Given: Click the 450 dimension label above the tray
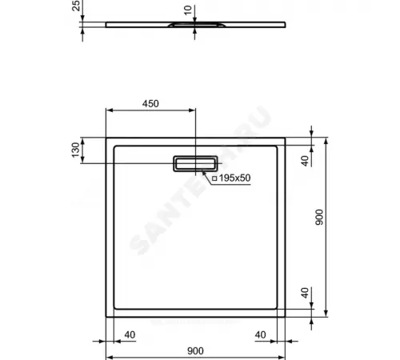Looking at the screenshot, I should [150, 104].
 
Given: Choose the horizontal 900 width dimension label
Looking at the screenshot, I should [194, 350].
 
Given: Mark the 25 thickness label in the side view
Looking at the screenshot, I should [76, 9].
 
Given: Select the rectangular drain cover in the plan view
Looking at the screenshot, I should [194, 162].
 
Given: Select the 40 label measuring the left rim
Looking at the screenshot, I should [129, 334].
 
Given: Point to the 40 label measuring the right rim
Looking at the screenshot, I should [260, 334].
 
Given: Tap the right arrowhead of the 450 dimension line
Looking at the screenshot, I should [191, 111].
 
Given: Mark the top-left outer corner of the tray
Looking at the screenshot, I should [107, 138].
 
